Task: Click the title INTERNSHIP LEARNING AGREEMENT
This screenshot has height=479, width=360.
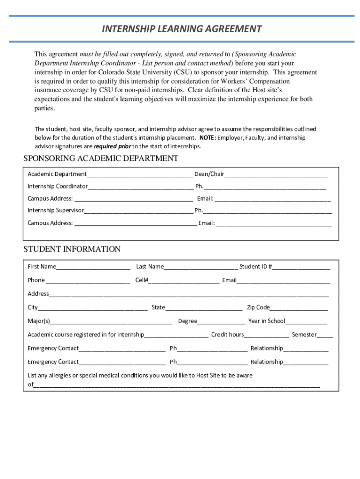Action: coord(182,29)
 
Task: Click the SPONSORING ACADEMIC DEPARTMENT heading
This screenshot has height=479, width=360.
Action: coord(101,158)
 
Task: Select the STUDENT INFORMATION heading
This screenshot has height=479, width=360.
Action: coord(72,249)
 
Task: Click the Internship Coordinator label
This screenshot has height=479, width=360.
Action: coord(58,186)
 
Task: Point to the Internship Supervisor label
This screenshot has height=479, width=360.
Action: coord(56,210)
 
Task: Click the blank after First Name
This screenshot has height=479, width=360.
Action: coord(93,268)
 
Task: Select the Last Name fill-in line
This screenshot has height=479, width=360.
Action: coord(201,268)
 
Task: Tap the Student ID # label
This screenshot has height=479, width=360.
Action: coord(256,267)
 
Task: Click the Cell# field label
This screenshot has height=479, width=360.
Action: coord(142,280)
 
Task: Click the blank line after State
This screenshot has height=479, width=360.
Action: coord(204,308)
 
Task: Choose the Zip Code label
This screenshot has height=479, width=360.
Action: coord(258,307)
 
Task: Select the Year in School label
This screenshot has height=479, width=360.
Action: coord(266,321)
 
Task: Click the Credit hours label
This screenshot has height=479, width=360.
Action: coord(227,334)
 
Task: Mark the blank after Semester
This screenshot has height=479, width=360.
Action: coord(325,335)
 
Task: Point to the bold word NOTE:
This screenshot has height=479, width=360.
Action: coord(207,138)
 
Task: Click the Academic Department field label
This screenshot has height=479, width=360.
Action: coord(57,174)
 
